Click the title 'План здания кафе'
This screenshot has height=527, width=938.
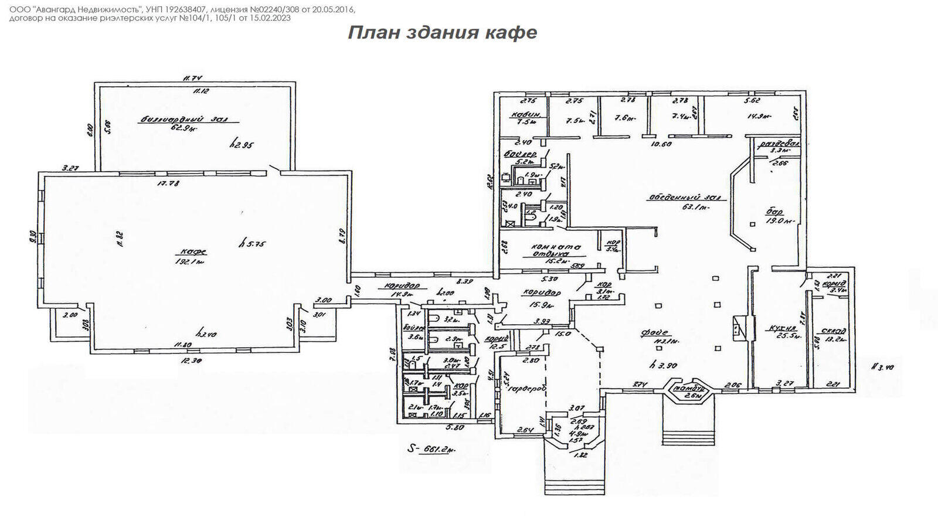click(443, 32)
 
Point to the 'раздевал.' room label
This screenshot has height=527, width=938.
click(779, 144)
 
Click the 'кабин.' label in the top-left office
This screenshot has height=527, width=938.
click(521, 115)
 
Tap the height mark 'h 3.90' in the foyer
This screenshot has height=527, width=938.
click(664, 365)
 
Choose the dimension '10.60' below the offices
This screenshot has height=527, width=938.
click(661, 144)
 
